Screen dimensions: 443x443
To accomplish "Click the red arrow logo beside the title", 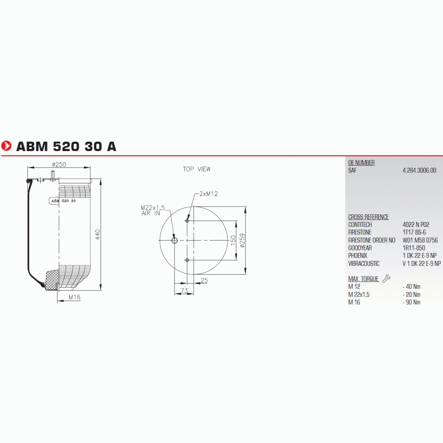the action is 6,146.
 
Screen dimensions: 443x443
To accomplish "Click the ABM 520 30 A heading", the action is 66,146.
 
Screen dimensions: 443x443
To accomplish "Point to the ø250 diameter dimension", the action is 59,164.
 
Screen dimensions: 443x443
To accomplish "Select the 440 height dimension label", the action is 98,234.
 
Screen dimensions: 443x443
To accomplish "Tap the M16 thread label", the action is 74,297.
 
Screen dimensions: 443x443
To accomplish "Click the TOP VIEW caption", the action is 197,169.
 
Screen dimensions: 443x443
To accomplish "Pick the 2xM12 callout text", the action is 209,194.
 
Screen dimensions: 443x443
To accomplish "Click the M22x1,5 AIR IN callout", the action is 152,210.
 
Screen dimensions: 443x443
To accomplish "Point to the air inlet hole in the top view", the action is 175,241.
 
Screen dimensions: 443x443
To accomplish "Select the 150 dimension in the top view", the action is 233,241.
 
